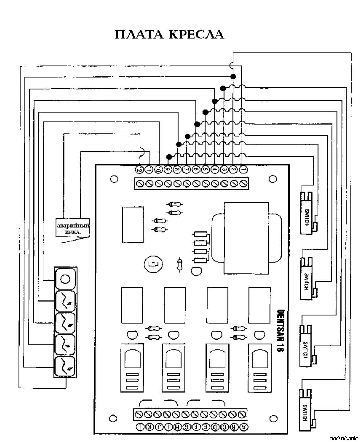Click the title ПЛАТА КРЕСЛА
pos(169,35)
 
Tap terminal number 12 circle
pos(140,169)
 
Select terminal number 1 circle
pos(243,169)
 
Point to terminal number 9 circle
pos(168,169)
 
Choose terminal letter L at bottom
pos(140,427)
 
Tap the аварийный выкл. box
pos(73,228)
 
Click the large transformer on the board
pos(246,238)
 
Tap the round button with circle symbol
pos(65,279)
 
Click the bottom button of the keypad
pos(65,366)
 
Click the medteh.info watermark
pos(344,438)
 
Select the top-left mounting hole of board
pos(113,179)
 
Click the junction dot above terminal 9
pos(169,156)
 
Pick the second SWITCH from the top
pos(306,278)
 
